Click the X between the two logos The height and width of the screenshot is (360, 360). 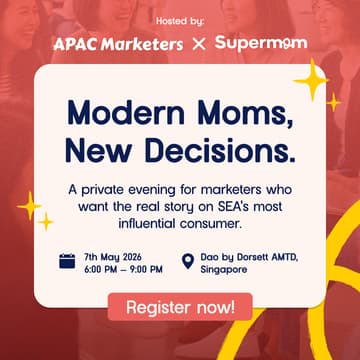point(198,45)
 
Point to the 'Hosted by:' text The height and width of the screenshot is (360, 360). point(180,20)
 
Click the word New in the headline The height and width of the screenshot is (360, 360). point(95,149)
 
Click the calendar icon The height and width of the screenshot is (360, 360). point(67,262)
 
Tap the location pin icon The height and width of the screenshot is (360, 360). point(187,262)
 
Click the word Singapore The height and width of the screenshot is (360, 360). point(225,269)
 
